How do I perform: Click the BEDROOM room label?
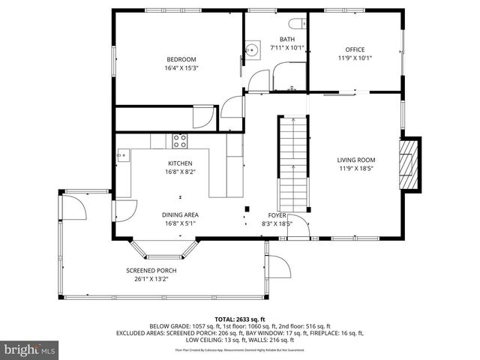(x=181, y=60)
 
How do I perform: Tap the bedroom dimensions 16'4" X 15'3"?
(x=181, y=67)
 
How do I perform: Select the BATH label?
(x=287, y=40)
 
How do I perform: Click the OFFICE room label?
(x=355, y=49)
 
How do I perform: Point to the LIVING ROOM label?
(x=355, y=160)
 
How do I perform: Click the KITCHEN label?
(x=180, y=163)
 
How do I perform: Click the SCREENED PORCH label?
(x=146, y=271)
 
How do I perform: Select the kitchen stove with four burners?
(x=180, y=139)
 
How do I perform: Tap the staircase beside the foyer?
(x=293, y=161)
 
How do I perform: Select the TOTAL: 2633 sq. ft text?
(x=240, y=319)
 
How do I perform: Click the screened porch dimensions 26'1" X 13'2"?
(x=146, y=279)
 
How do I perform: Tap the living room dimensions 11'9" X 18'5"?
(x=355, y=168)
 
